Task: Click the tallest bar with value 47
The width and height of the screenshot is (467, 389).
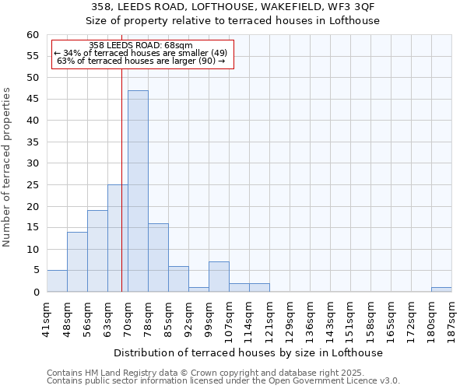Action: tap(138, 191)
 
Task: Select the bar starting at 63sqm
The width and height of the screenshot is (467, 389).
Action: tap(118, 238)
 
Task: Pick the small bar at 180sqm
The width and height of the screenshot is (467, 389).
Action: tap(441, 289)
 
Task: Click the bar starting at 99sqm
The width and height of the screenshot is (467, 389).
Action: tap(219, 277)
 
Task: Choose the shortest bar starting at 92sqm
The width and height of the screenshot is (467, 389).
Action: tap(198, 289)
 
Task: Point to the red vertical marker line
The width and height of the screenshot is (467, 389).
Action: tap(121, 156)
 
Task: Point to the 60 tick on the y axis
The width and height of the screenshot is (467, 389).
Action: tap(33, 35)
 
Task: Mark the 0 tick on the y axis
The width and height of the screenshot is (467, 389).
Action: tap(36, 293)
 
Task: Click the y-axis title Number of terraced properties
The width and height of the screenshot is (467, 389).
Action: tap(8, 167)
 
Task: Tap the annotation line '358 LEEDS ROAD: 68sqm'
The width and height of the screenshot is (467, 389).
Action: tap(141, 46)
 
